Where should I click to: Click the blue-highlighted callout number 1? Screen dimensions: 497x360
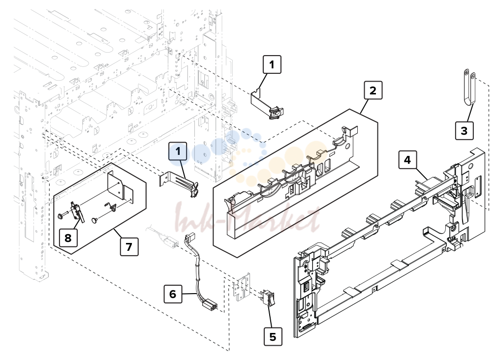(178, 151)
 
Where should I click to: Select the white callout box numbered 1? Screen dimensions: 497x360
(272, 64)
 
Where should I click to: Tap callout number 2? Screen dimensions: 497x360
(373, 90)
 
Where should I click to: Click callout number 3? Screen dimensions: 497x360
(465, 130)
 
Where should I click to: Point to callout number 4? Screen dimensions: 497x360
(407, 160)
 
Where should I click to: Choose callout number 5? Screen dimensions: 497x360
(273, 336)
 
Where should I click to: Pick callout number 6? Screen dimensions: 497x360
(173, 294)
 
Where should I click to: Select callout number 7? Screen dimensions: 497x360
(129, 246)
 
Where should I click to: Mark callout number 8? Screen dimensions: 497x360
(68, 238)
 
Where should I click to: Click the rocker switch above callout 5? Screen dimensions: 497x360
(269, 298)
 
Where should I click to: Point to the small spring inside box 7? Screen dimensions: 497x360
(111, 207)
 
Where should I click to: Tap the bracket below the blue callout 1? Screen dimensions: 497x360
(180, 183)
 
